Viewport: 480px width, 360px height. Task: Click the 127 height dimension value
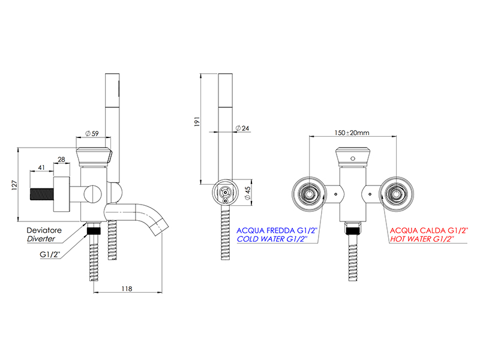click(14, 185)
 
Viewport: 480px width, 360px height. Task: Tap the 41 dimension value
click(41, 167)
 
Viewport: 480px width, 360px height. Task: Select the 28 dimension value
click(61, 160)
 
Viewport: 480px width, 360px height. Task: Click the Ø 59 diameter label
click(92, 133)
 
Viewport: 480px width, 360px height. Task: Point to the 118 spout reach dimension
click(127, 289)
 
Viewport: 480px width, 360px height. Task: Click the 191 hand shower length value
click(197, 122)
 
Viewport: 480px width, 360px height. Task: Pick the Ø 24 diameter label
click(242, 128)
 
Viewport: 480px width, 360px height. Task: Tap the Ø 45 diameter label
click(248, 193)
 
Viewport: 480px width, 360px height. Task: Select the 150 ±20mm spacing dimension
click(352, 133)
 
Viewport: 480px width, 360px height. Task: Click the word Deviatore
click(44, 230)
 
